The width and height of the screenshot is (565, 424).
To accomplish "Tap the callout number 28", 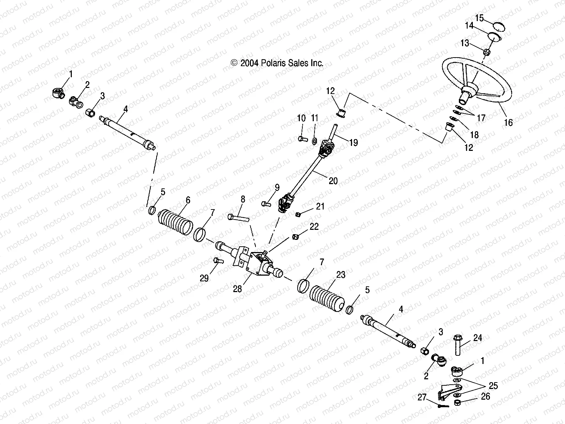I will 237,289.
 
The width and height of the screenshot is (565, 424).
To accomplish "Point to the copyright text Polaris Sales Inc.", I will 277,63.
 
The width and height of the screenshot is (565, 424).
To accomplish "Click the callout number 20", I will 333,181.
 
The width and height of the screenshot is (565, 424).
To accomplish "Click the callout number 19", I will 353,143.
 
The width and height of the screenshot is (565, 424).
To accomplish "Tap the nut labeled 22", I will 296,237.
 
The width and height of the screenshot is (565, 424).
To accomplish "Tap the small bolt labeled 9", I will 265,204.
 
